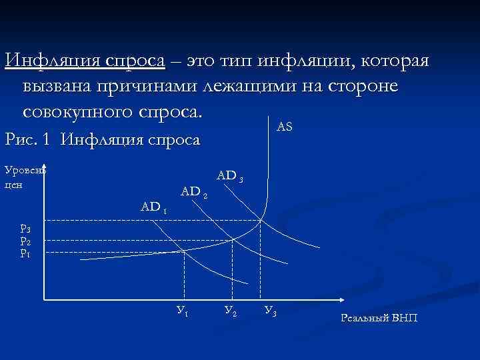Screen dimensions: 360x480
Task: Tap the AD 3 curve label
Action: coord(234,176)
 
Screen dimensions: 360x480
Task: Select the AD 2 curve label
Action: coord(195,192)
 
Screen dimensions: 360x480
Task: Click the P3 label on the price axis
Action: coord(25,230)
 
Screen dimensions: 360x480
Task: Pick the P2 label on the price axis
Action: coord(25,241)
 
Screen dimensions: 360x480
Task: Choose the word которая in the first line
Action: coord(395,61)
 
